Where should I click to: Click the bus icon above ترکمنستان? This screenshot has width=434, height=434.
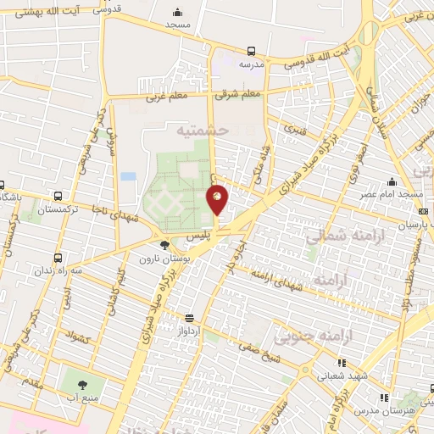(x=57, y=195)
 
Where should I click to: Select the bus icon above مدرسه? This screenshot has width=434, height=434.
(x=250, y=51)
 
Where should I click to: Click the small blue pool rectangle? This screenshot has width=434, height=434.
(x=128, y=176)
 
